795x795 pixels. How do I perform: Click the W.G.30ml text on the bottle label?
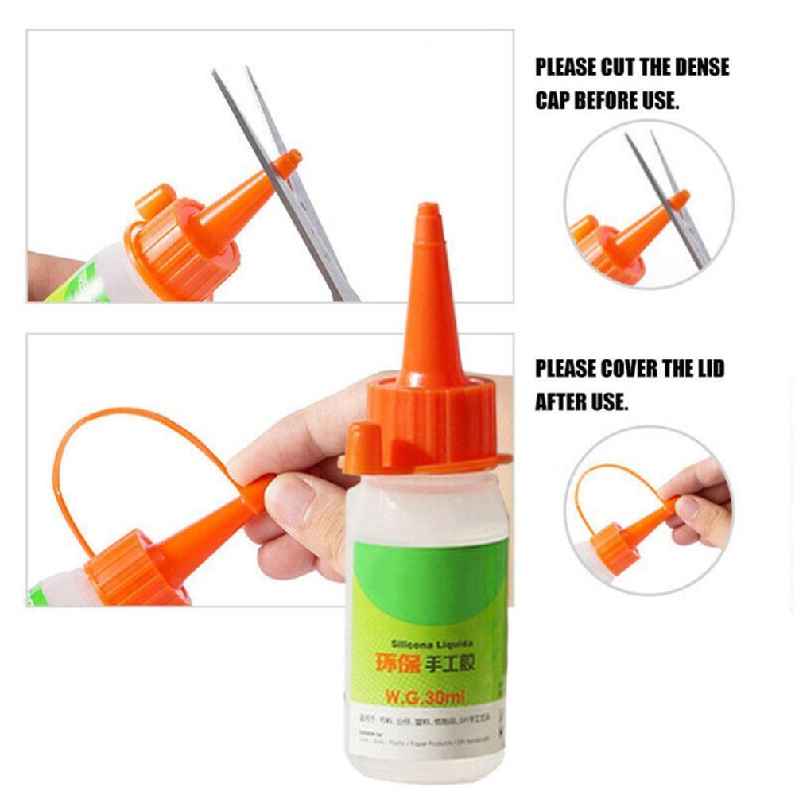pyautogui.click(x=425, y=699)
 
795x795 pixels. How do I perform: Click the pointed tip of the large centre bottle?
pyautogui.click(x=429, y=211)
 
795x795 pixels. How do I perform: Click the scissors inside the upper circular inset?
pyautogui.click(x=672, y=195)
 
